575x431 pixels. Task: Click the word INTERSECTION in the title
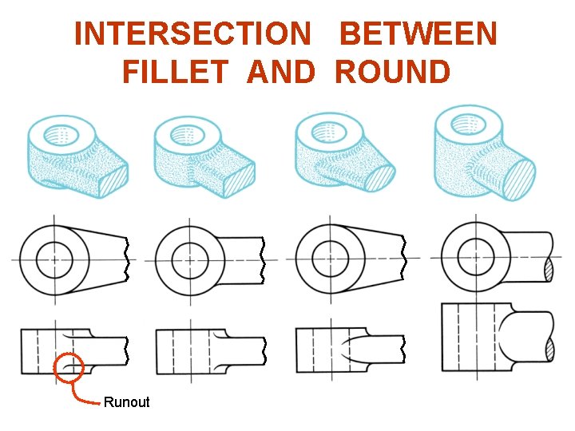[x=192, y=34]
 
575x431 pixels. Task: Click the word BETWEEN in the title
[x=418, y=34]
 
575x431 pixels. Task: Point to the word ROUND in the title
[x=393, y=72]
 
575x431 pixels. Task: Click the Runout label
[x=126, y=402]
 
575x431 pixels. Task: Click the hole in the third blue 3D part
[x=325, y=128]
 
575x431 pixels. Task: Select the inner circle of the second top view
[x=190, y=259]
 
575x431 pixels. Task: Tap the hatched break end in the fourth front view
[x=548, y=350]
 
